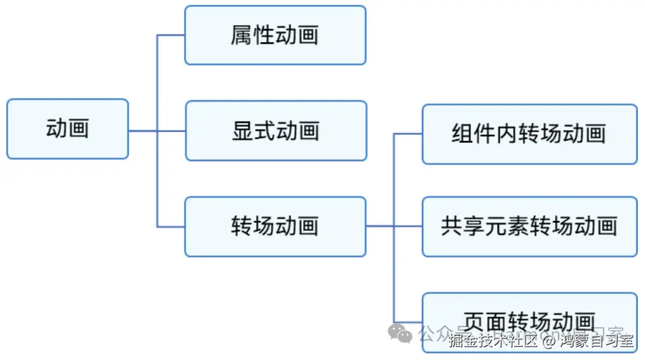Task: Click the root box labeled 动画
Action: pyautogui.click(x=67, y=129)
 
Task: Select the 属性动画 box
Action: pyautogui.click(x=275, y=35)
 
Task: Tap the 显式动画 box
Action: pyautogui.click(x=275, y=131)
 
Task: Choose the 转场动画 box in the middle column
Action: pyautogui.click(x=275, y=226)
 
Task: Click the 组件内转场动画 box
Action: pyautogui.click(x=529, y=134)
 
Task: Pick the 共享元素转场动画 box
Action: pyautogui.click(x=529, y=226)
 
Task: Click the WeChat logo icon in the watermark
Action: pyautogui.click(x=400, y=333)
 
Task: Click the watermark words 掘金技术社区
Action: pyautogui.click(x=494, y=341)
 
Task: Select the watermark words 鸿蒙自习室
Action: pyautogui.click(x=595, y=341)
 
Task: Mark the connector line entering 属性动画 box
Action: pyautogui.click(x=171, y=35)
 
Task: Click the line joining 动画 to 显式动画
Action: pyautogui.click(x=156, y=131)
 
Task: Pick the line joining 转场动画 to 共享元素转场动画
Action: pyautogui.click(x=394, y=226)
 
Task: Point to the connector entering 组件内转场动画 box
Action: pyautogui.click(x=408, y=134)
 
